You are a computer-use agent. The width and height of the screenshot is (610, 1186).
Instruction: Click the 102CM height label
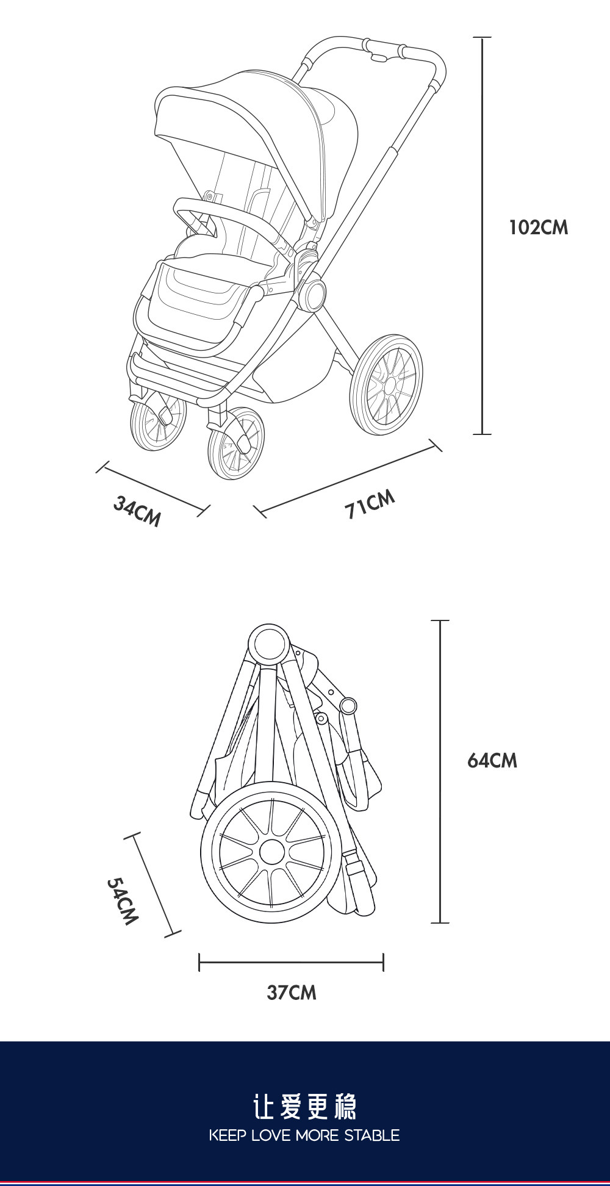[x=538, y=228]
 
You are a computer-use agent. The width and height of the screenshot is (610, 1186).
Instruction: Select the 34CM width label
[x=137, y=511]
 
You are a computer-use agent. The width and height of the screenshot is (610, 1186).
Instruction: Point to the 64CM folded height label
[x=492, y=761]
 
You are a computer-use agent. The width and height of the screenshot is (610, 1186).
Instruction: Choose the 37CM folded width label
[x=292, y=993]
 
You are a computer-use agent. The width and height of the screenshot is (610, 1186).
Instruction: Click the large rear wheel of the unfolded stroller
[x=386, y=384]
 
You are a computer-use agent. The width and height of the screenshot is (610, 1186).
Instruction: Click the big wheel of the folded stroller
[x=271, y=852]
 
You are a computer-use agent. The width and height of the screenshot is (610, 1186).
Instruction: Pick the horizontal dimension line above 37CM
[x=291, y=963]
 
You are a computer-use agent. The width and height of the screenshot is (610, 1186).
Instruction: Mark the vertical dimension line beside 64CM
[x=440, y=772]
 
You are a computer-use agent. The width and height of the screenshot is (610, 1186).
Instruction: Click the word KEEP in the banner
[x=227, y=1135]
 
